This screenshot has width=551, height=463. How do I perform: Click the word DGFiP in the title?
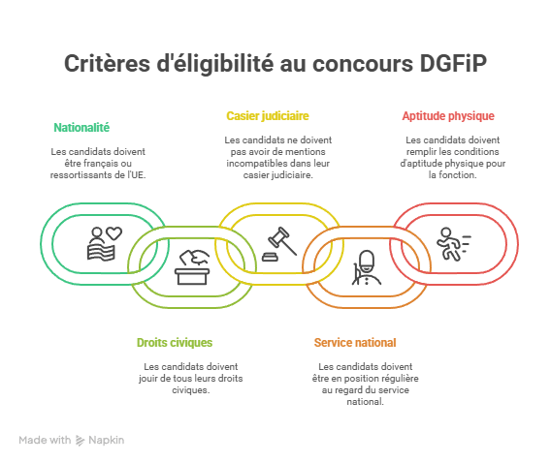coord(453,63)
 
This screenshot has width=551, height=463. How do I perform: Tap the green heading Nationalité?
coord(81,127)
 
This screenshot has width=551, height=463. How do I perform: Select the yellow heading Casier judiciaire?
coord(268,116)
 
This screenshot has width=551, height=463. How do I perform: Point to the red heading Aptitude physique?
coord(448,116)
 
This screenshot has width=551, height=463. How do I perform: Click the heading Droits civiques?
coord(175,342)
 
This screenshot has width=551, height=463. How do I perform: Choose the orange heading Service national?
coord(355,342)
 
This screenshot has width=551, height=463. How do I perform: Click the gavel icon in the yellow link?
coord(279,244)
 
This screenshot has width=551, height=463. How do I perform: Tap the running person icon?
coord(453,244)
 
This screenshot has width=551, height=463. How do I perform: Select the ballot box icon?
coord(192,267)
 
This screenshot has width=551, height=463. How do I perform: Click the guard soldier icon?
coord(367,267)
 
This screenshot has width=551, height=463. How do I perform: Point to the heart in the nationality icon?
coord(114,233)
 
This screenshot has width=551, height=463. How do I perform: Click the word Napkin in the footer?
coord(106,440)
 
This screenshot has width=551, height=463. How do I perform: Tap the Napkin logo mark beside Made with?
coord(81,441)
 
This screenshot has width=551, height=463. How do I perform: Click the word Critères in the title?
coord(107,63)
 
